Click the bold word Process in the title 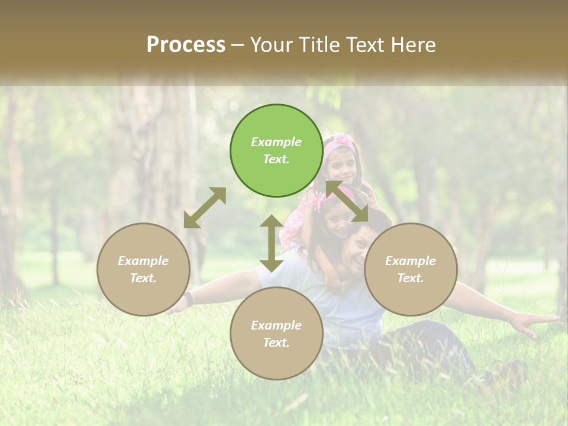tap(186, 45)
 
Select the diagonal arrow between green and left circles tap(205, 208)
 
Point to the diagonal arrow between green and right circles tap(347, 201)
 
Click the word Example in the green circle tap(276, 142)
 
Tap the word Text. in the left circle tap(143, 278)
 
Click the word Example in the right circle tap(411, 261)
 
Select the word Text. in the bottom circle tap(276, 343)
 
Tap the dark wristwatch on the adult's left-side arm tap(188, 298)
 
